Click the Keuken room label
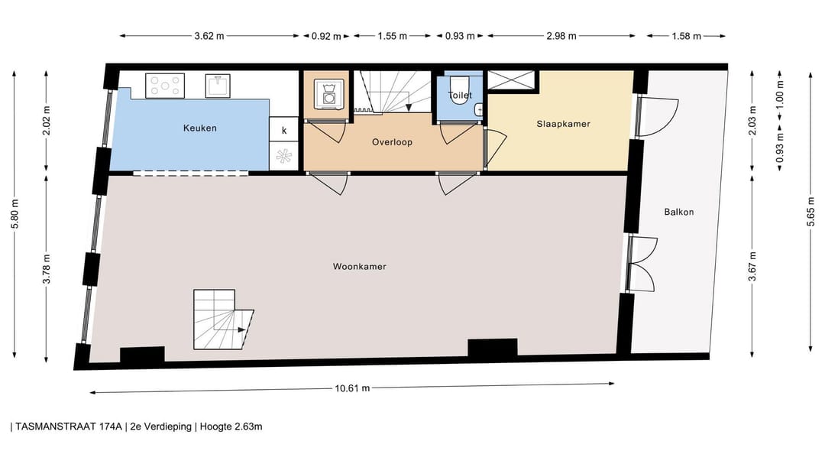click(199, 128)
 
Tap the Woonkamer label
click(359, 267)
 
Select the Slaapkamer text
click(563, 123)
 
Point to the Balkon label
click(679, 212)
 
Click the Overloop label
click(393, 142)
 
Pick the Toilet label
click(460, 96)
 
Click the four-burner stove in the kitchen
click(166, 85)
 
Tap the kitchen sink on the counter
click(218, 85)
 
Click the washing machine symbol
click(329, 94)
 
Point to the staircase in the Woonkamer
click(222, 320)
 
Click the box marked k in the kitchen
click(284, 130)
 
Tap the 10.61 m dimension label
click(352, 388)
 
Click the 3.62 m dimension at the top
click(209, 35)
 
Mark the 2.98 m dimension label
click(561, 35)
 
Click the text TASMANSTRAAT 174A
click(69, 427)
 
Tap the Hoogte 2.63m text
click(231, 427)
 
